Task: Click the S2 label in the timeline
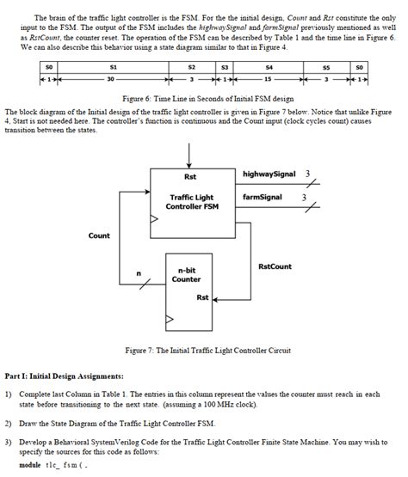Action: pos(192,66)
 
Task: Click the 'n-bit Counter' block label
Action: pos(186,275)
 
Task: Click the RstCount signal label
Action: pos(275,266)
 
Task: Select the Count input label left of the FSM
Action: pos(99,235)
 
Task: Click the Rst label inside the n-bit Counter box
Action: pos(201,298)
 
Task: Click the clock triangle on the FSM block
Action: pos(155,220)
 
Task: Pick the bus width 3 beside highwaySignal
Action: pos(307,174)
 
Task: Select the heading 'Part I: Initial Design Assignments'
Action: pos(65,376)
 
